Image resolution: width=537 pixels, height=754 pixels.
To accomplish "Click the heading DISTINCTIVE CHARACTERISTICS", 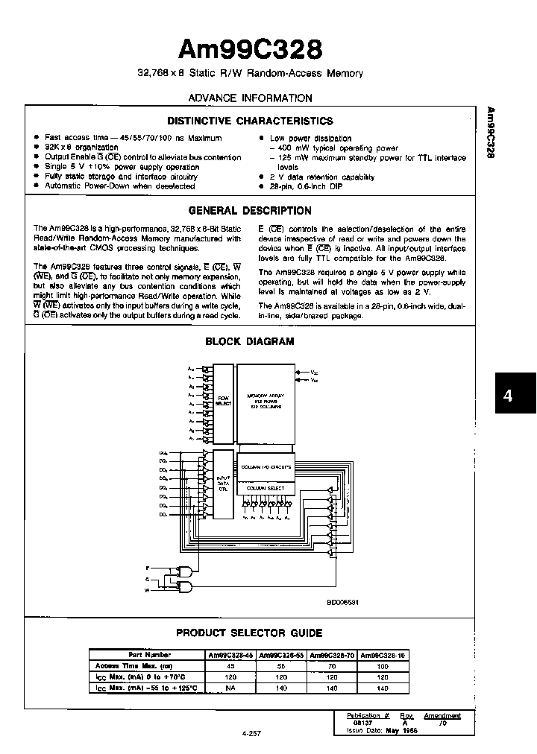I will tap(250, 121).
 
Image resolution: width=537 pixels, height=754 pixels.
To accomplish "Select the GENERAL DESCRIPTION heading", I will tap(250, 211).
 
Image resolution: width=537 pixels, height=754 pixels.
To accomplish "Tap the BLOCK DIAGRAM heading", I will tap(250, 342).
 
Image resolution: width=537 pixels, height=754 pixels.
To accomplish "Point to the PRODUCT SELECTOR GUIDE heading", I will tap(249, 633).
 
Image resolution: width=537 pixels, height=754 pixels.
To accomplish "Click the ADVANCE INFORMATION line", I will tap(250, 98).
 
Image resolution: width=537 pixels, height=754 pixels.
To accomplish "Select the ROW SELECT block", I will tap(224, 400).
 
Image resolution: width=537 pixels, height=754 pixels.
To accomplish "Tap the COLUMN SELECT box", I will tap(266, 488).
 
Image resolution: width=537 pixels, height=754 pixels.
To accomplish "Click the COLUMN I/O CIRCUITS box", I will tap(266, 467).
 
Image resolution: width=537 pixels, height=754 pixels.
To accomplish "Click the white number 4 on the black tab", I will tap(508, 396).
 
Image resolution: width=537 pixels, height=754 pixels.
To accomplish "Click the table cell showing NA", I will tap(231, 689).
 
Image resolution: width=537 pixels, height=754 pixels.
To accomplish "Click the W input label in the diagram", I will tap(148, 590).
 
